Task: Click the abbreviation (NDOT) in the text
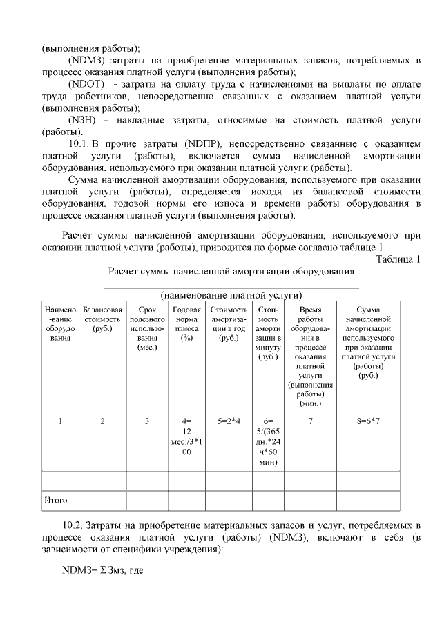click(x=86, y=83)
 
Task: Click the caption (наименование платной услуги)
click(x=231, y=294)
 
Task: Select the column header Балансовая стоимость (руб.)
click(x=102, y=319)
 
